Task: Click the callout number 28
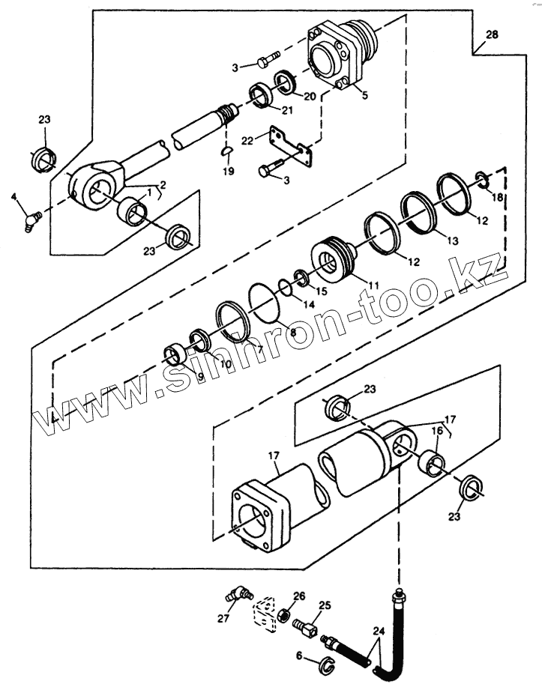tap(492, 34)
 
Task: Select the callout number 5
tap(365, 95)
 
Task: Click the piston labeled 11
tap(334, 260)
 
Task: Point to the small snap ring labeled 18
tap(484, 181)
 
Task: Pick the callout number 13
tap(453, 240)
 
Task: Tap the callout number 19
tap(229, 172)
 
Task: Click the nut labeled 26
tap(283, 616)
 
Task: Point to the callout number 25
tap(325, 606)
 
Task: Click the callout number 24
tap(379, 632)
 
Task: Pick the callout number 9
tap(200, 376)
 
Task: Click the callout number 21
tap(287, 110)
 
